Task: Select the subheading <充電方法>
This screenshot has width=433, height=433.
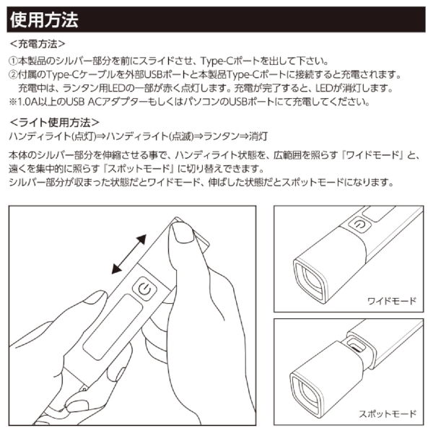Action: [38, 44]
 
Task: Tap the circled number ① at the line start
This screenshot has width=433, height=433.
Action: [12, 61]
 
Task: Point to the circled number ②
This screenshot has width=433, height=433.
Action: [12, 75]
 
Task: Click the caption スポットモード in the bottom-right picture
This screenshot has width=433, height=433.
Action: [388, 414]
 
